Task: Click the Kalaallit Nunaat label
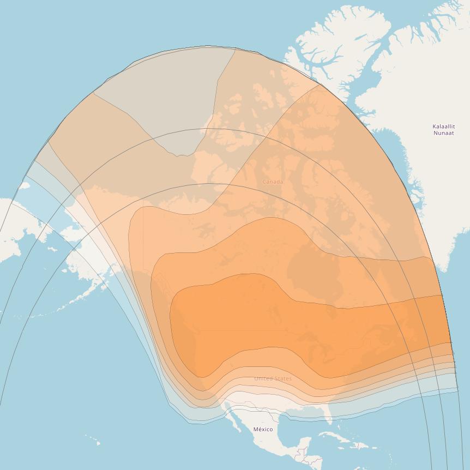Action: tap(444, 130)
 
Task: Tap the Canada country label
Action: tap(273, 182)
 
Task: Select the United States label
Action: tap(273, 378)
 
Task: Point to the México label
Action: tap(263, 429)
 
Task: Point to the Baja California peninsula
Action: tap(233, 417)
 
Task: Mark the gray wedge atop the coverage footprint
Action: tap(164, 98)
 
